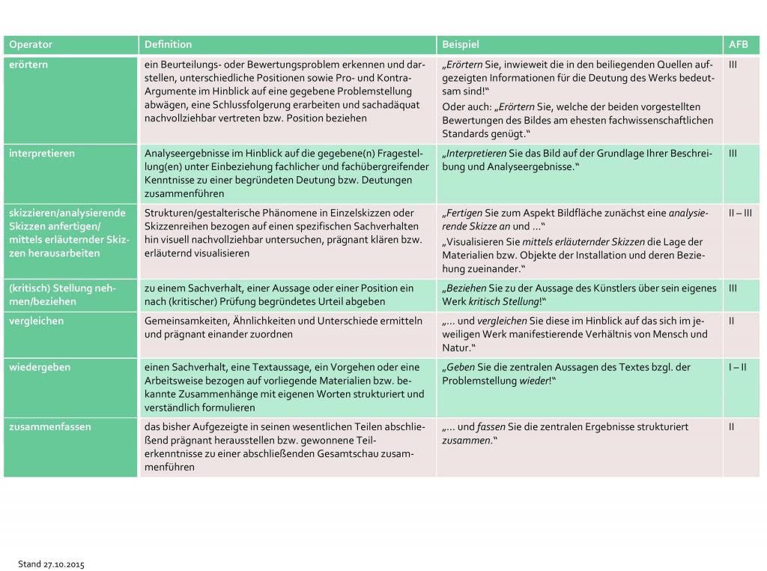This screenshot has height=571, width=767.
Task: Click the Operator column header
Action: (x=31, y=45)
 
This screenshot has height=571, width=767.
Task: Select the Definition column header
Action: (x=168, y=45)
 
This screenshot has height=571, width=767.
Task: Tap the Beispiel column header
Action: (x=460, y=45)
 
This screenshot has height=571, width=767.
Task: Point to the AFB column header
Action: (x=738, y=45)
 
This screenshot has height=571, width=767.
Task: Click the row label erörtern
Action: (x=28, y=64)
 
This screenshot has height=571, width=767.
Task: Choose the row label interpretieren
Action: (x=41, y=153)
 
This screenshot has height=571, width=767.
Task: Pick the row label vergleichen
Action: (x=36, y=321)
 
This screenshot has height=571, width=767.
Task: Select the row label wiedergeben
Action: (x=38, y=367)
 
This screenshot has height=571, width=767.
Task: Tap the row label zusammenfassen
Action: (x=49, y=426)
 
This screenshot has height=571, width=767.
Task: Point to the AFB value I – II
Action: (x=737, y=367)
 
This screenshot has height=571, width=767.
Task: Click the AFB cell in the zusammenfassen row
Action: (x=731, y=426)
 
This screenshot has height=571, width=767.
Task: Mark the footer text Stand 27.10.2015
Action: (x=51, y=564)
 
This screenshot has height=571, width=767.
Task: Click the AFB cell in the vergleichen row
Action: (x=731, y=321)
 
